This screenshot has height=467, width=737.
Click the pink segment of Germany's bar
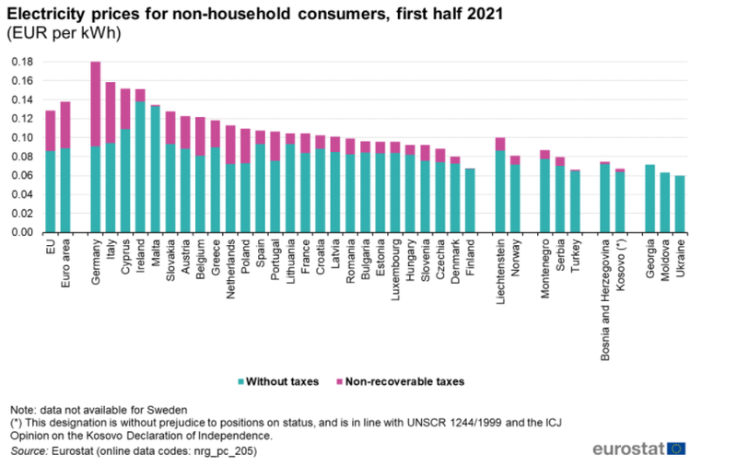coord(96,104)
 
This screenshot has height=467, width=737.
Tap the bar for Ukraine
coord(680,204)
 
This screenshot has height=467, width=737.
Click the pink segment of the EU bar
coord(51,131)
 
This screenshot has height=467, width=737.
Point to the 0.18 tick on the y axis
coord(22,62)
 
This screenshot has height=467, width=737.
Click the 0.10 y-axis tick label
coord(22,137)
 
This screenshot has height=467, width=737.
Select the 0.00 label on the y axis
coord(22,232)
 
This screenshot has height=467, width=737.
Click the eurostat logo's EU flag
coord(676,449)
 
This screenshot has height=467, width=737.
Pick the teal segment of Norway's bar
coord(515,199)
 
